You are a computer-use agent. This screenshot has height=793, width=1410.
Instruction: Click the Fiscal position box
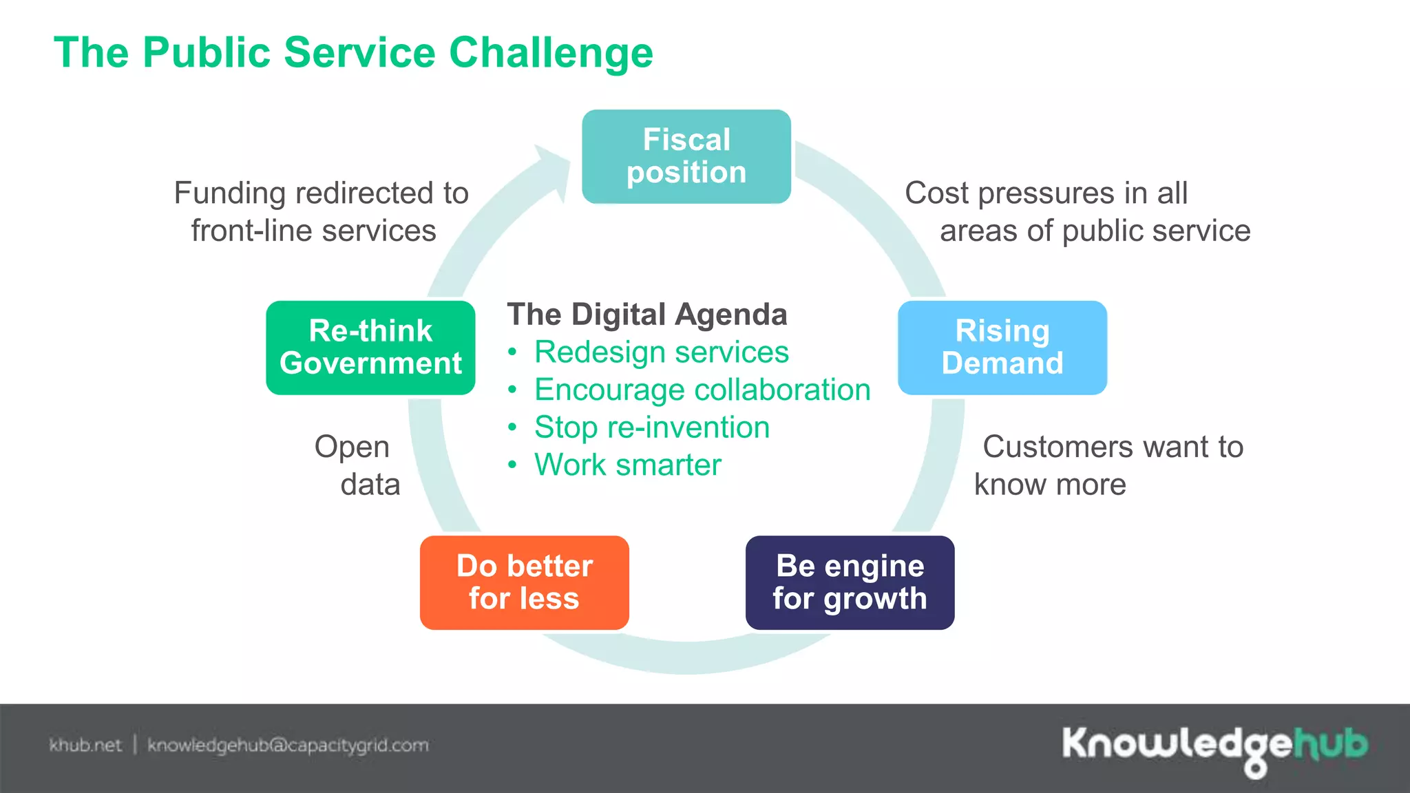click(686, 156)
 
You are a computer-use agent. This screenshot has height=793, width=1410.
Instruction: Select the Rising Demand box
click(1002, 348)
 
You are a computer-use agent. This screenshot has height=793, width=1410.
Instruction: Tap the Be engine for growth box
click(850, 582)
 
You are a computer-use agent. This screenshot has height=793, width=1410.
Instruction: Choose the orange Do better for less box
click(524, 582)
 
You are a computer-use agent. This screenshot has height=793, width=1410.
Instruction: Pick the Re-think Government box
click(370, 348)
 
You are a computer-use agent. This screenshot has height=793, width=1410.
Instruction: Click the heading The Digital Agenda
click(646, 315)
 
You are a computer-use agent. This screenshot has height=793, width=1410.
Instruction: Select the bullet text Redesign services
click(661, 352)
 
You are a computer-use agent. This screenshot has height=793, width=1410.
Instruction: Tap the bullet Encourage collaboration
click(702, 390)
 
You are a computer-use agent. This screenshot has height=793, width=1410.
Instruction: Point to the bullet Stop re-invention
click(651, 427)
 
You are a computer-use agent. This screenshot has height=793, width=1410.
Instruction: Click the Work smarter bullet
click(627, 465)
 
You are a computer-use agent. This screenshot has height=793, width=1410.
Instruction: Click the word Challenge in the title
click(551, 53)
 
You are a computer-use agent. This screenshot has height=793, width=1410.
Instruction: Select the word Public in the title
click(207, 53)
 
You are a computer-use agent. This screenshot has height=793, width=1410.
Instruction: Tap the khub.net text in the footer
click(85, 746)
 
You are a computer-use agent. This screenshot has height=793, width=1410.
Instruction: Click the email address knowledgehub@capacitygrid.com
click(288, 746)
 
